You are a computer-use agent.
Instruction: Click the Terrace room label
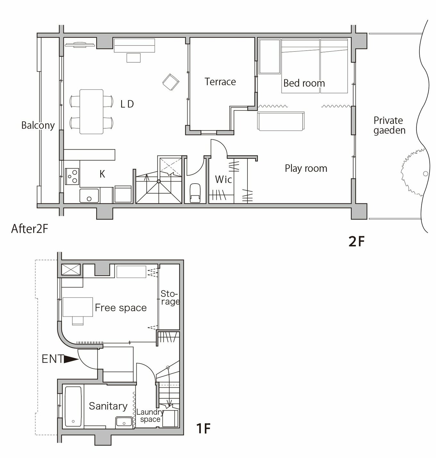(x=220, y=82)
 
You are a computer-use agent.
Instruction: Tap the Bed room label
(x=304, y=83)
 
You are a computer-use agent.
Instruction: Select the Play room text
(x=306, y=169)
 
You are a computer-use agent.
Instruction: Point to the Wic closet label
(x=223, y=179)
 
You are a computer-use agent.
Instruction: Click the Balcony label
(x=38, y=125)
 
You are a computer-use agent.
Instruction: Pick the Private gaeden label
(x=389, y=125)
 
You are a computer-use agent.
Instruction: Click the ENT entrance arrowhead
(x=71, y=359)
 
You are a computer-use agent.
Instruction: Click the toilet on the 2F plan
(x=195, y=193)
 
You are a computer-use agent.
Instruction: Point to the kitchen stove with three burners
(x=72, y=176)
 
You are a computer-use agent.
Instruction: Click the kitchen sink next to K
(x=89, y=196)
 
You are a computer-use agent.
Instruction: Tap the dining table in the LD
(x=91, y=112)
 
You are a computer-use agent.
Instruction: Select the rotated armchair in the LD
(x=171, y=82)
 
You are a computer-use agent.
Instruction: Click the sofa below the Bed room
(x=281, y=121)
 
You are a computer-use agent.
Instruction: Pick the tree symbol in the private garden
(x=414, y=172)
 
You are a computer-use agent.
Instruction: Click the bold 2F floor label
(x=356, y=241)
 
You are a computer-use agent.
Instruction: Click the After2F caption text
(x=29, y=229)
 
